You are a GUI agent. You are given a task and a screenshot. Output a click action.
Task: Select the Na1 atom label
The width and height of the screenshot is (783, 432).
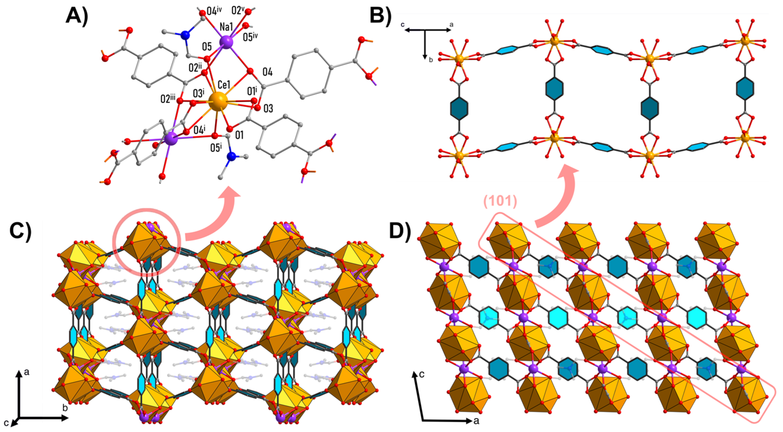coord(227,27)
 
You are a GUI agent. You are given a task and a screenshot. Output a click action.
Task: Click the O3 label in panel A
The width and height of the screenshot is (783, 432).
coord(268,108)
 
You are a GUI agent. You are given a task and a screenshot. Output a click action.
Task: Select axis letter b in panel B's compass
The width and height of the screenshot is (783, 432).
coord(431,60)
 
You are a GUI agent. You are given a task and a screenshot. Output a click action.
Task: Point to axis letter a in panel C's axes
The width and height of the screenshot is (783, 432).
coord(27,372)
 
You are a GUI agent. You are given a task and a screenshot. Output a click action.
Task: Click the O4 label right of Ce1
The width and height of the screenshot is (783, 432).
coord(267,72)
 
